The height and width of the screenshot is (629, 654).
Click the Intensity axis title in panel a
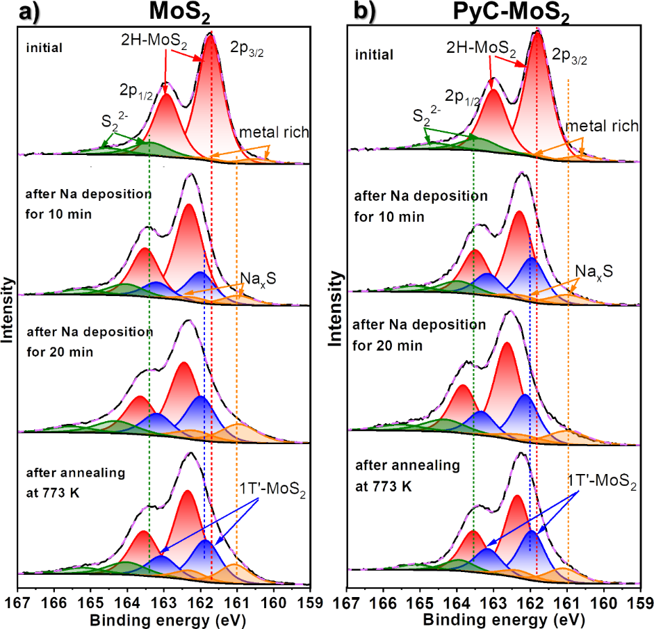(x=9, y=309)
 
